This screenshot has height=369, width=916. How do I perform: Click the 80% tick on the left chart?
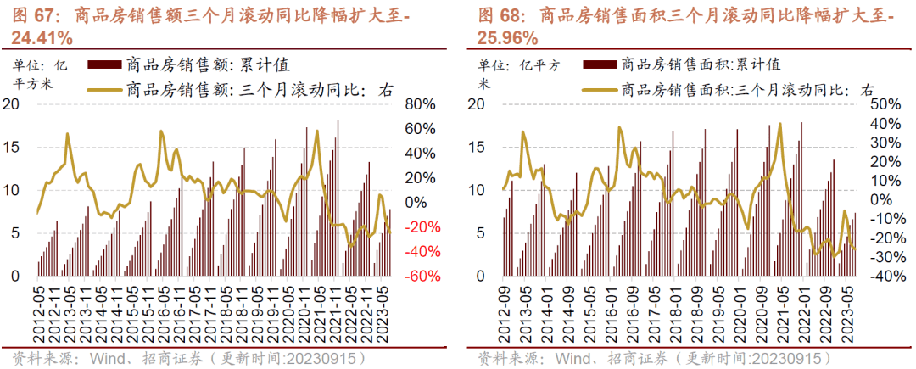420,104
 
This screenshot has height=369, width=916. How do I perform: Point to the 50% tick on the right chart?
885,104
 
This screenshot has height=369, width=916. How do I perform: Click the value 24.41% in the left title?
42,37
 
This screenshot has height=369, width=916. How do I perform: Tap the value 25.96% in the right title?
508,37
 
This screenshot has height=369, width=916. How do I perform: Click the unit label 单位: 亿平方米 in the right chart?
514,73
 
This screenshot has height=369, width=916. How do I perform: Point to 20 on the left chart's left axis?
13,104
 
